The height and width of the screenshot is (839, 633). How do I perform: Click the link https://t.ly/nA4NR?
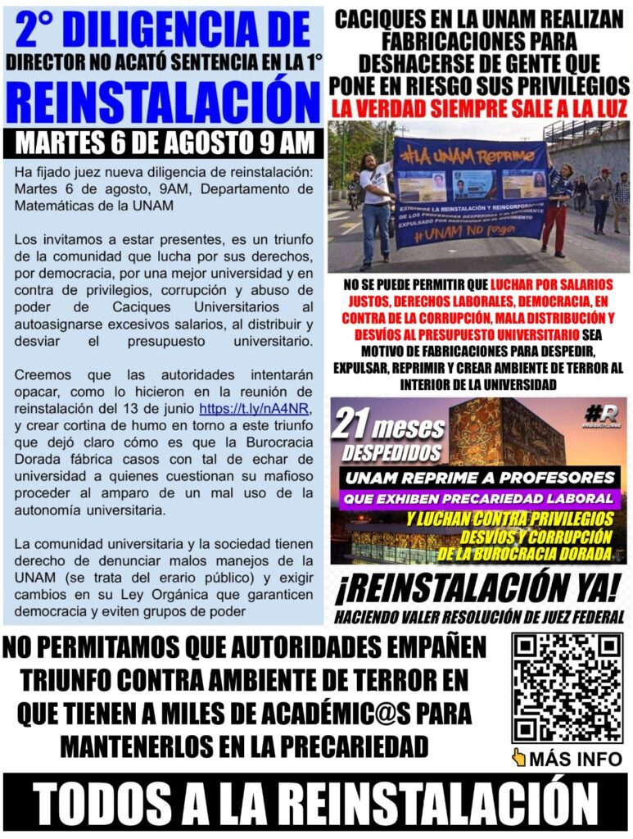244,407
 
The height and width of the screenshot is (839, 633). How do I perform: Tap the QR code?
567,687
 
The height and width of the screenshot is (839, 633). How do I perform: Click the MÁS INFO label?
576,759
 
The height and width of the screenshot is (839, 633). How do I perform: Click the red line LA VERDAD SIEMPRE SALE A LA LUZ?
479,107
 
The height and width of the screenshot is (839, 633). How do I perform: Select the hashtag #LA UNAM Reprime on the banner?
450,154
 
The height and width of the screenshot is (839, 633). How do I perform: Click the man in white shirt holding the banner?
376,205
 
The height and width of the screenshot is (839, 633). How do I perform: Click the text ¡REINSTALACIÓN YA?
480,590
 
